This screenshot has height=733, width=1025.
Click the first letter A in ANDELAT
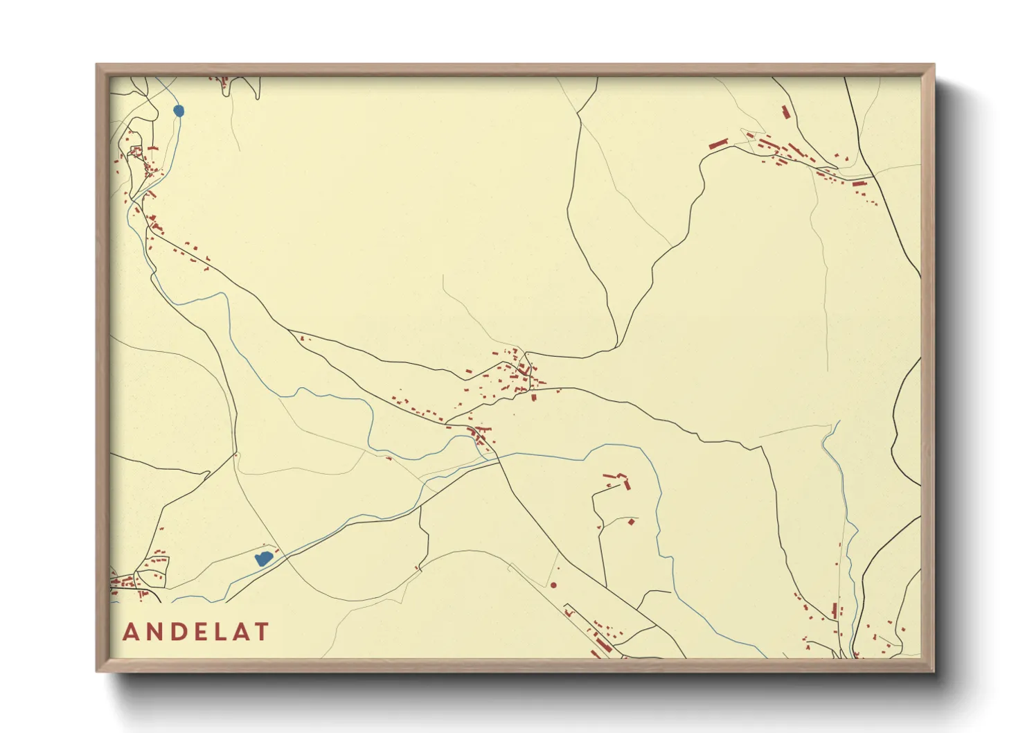[x=130, y=632]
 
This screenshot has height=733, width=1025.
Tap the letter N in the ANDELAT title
[x=154, y=632]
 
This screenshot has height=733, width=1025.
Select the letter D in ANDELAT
[x=177, y=632]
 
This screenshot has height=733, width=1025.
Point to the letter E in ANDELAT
[x=199, y=632]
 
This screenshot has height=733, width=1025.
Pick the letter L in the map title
[x=220, y=632]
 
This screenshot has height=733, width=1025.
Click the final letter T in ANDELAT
[x=261, y=632]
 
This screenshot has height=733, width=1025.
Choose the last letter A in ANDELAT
[x=240, y=632]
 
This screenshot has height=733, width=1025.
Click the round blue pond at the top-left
[x=179, y=110]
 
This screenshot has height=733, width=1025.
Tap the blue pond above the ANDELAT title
[x=263, y=558]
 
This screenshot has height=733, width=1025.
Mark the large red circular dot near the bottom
[x=553, y=585]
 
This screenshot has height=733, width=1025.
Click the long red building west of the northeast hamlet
[x=718, y=144]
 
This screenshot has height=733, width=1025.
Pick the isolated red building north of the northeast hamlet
[x=785, y=112]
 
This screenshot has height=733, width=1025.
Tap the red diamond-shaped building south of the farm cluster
[x=631, y=521]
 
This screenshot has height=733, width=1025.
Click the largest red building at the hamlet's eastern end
[x=859, y=184]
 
